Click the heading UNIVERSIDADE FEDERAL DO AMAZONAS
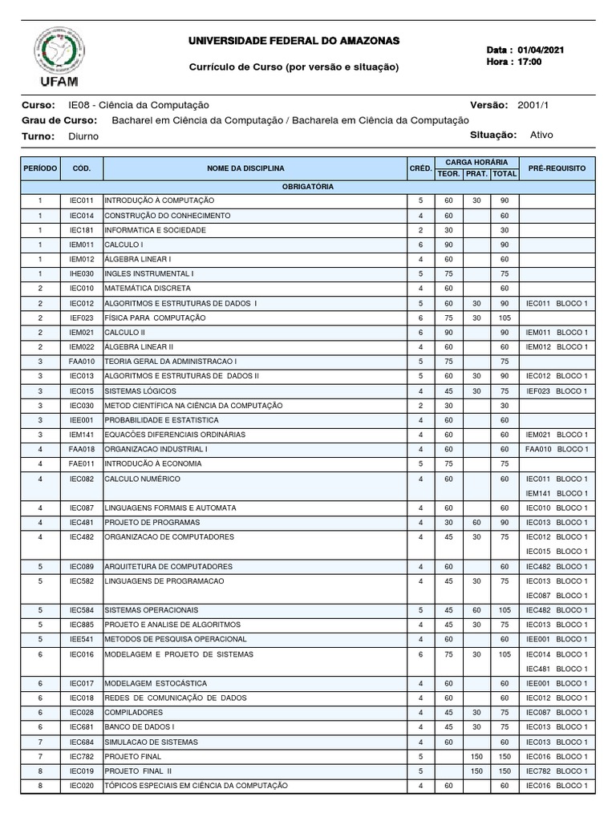tap(293, 41)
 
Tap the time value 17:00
tap(530, 62)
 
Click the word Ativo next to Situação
tap(541, 135)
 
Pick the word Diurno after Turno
tap(83, 136)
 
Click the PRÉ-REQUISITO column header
tap(556, 168)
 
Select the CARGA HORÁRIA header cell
tap(476, 162)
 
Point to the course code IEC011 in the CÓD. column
tap(81, 200)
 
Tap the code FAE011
tap(81, 463)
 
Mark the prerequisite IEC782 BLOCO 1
tap(556, 771)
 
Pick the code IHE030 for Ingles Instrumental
tap(81, 273)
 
